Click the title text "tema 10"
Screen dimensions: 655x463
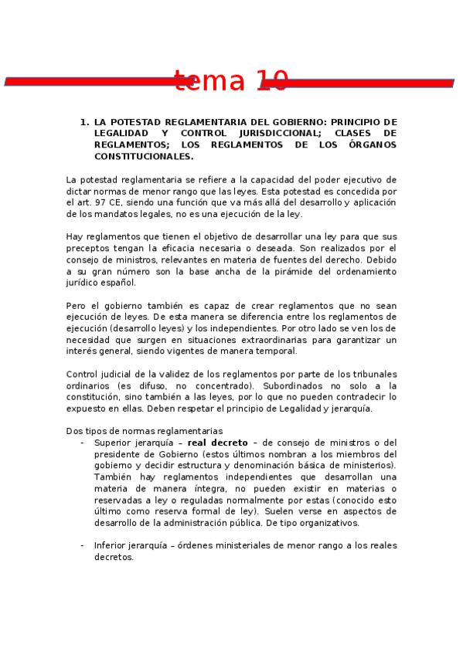coord(231,80)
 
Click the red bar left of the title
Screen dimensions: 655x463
coord(93,81)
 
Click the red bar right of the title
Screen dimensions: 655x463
coord(371,82)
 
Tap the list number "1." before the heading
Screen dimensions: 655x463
coord(84,122)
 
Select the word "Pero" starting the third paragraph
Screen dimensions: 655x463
coord(77,305)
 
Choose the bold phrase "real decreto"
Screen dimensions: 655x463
coord(217,443)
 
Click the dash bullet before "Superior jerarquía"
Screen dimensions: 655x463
coord(82,443)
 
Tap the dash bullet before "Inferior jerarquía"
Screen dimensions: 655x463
coord(82,545)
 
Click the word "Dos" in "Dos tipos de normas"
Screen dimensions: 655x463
coord(74,431)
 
